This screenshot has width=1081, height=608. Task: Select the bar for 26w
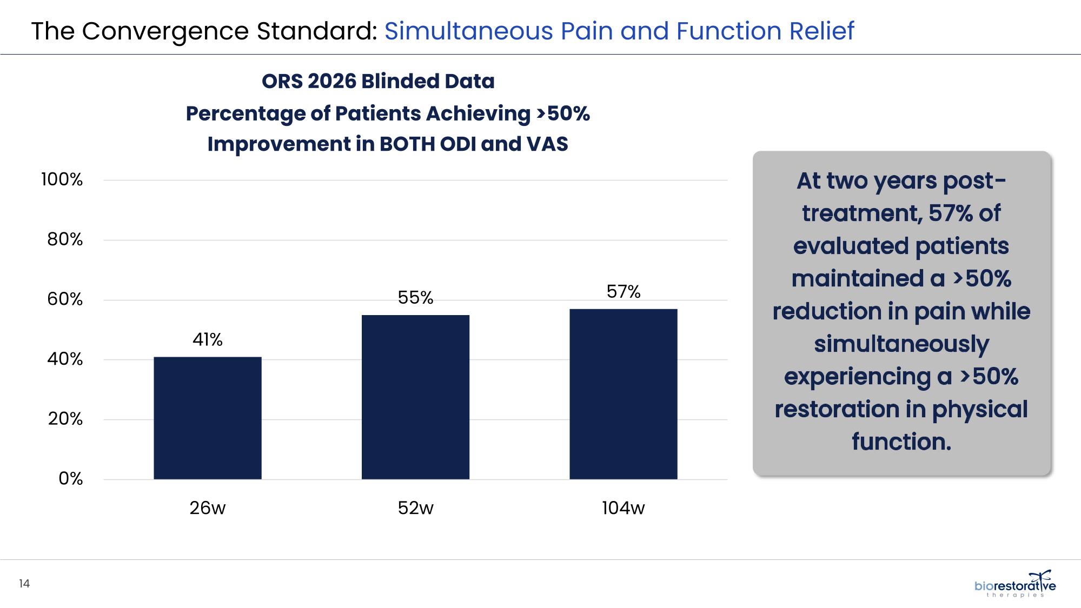pyautogui.click(x=208, y=418)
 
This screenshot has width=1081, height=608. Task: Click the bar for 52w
pyautogui.click(x=415, y=397)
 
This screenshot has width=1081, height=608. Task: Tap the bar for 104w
pyautogui.click(x=624, y=394)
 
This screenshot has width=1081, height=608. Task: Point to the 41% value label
pyautogui.click(x=208, y=339)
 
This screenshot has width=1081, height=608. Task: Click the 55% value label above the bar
pyautogui.click(x=415, y=298)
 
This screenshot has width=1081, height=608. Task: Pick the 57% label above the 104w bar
pyautogui.click(x=624, y=292)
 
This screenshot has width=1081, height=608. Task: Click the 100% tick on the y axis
pyautogui.click(x=62, y=179)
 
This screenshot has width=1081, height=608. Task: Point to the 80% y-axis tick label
pyautogui.click(x=65, y=239)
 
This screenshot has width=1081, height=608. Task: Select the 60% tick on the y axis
pyautogui.click(x=65, y=299)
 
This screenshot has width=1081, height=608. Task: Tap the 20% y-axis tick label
pyautogui.click(x=65, y=419)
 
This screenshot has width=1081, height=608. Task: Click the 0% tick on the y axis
pyautogui.click(x=71, y=479)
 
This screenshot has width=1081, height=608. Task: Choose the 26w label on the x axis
pyautogui.click(x=208, y=508)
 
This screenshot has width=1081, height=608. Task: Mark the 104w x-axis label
pyautogui.click(x=624, y=508)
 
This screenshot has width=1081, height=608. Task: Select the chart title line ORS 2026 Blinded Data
pyautogui.click(x=378, y=81)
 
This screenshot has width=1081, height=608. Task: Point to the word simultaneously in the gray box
pyautogui.click(x=901, y=345)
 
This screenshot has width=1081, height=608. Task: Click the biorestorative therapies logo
pyautogui.click(x=1015, y=584)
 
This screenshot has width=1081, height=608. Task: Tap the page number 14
pyautogui.click(x=24, y=584)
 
